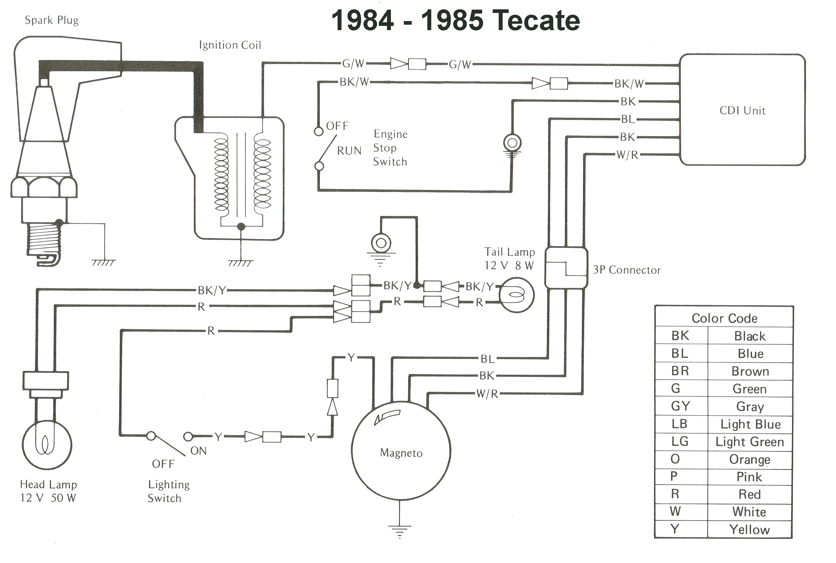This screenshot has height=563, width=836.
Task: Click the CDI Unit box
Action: coord(742,110)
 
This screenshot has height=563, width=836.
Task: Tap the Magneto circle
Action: coord(401,451)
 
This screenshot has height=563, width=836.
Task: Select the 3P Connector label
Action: coord(627,270)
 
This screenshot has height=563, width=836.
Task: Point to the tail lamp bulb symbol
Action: coord(516,295)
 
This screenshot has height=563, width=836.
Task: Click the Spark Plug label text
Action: coord(51,20)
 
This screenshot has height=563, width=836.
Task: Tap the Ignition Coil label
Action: coord(230,45)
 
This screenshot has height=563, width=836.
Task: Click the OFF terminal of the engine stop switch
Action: coord(318,131)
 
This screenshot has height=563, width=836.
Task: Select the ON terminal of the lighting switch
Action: coord(188,437)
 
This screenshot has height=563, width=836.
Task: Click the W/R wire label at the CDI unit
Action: coord(627,155)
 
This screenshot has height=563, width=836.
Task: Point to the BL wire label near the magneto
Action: coord(488,359)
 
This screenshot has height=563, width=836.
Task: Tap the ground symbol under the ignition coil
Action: coord(240,263)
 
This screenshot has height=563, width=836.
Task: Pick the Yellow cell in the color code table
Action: coord(749,530)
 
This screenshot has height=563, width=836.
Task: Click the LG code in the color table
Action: coord(680,441)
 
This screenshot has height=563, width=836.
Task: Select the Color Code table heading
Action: coord(724,318)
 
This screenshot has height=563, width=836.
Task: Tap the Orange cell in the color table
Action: coord(749,459)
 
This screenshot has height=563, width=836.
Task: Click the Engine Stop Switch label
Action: coord(390,147)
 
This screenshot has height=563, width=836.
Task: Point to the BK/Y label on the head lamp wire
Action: coord(212,290)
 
